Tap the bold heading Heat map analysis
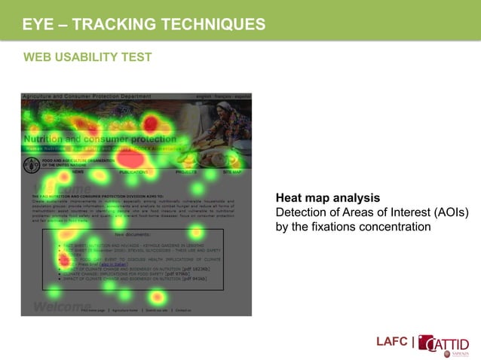328,198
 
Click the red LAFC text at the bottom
392,343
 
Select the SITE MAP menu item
232,172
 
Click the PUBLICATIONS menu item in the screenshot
133,172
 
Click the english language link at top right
204,97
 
